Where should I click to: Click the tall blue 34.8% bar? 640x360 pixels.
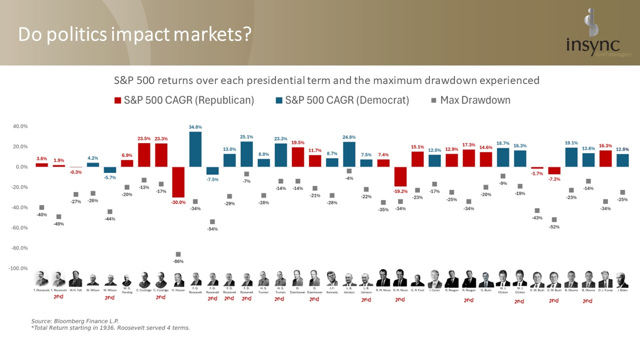point(195,149)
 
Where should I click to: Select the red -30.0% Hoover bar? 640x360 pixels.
point(178,182)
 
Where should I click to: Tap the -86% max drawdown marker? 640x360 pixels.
point(178,254)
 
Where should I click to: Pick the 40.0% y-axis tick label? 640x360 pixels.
point(20,126)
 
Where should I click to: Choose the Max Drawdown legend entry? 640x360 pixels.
point(470,100)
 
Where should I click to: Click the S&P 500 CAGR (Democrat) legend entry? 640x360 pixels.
point(342,100)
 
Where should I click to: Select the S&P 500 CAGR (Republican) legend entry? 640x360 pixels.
point(184,100)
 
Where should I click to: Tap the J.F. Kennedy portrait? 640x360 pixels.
point(331,278)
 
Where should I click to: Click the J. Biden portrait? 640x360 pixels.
point(621,278)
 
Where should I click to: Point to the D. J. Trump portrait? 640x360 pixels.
point(605,278)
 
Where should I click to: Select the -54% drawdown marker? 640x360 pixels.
point(212,221)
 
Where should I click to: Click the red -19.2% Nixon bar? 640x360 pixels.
point(400,176)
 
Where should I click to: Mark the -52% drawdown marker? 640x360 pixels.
point(553,219)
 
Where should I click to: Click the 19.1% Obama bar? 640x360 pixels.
point(571,157)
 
